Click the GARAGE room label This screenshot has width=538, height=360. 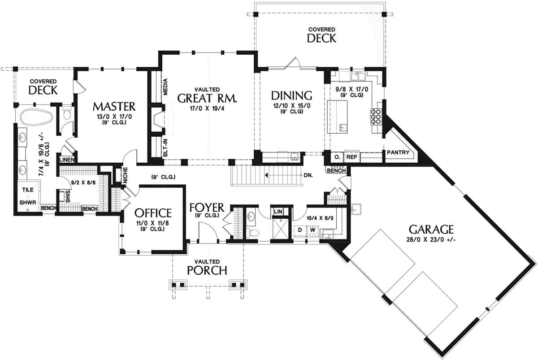tap(431, 230)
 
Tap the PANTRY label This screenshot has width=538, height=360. tap(398, 152)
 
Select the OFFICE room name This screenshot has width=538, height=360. tap(153, 213)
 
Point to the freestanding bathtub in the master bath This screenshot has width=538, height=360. tap(36, 117)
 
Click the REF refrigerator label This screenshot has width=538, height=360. tap(352, 157)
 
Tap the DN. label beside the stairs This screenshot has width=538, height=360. tap(308, 175)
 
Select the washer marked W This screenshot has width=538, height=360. tap(312, 230)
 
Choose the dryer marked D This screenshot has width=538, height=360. tap(300, 230)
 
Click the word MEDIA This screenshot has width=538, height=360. tap(165, 87)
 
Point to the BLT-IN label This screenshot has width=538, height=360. tap(165, 147)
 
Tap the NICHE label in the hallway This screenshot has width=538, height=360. tap(125, 176)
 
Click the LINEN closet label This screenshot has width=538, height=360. tap(67, 160)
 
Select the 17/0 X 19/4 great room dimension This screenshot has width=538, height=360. tap(207, 108)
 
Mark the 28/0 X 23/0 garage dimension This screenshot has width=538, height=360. tap(431, 239)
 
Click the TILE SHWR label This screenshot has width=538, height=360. tap(28, 196)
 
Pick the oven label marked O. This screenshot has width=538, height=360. tap(337, 157)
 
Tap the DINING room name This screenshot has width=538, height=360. tap(291, 95)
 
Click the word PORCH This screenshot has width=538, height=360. tap(207, 270)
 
